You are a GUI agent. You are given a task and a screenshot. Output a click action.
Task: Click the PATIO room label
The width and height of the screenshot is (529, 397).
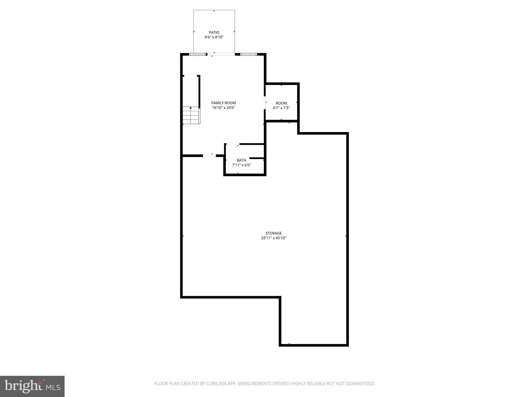pyautogui.click(x=214, y=33)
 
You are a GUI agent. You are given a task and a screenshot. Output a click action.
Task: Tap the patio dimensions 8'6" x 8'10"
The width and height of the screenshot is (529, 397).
pyautogui.click(x=214, y=37)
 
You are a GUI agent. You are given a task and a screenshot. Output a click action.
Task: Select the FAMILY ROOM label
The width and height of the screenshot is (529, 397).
pyautogui.click(x=223, y=103)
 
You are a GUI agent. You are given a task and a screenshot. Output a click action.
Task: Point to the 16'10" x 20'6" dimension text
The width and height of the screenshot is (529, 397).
pyautogui.click(x=223, y=108)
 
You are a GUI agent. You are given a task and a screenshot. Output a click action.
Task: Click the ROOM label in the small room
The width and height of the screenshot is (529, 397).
pyautogui.click(x=281, y=103)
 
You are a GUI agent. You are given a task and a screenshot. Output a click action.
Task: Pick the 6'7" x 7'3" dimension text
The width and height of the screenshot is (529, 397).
pyautogui.click(x=281, y=108)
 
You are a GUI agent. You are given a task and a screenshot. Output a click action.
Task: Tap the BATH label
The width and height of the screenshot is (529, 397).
pyautogui.click(x=242, y=160)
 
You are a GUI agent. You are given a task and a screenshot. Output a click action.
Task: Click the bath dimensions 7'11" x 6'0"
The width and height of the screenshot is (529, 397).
pyautogui.click(x=242, y=165)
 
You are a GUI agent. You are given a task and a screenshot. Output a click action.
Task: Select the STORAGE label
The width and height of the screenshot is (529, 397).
pyautogui.click(x=274, y=233)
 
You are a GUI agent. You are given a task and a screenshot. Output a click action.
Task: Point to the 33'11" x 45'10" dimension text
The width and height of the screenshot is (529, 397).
pyautogui.click(x=274, y=238)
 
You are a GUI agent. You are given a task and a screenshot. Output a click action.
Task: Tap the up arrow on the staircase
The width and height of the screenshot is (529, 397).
pyautogui.click(x=191, y=108)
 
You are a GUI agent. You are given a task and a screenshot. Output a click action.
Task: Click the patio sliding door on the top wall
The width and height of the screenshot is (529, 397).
pyautogui.click(x=221, y=54)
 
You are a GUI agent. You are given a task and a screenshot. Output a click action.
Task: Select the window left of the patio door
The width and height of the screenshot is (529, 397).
pyautogui.click(x=198, y=54)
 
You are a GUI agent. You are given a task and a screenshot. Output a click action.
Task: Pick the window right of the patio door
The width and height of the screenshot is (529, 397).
pyautogui.click(x=248, y=54)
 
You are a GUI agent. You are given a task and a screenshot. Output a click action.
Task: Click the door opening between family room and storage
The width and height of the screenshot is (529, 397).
pyautogui.click(x=209, y=156)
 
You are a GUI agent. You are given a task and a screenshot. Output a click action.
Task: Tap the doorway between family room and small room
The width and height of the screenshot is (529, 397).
pyautogui.click(x=265, y=103)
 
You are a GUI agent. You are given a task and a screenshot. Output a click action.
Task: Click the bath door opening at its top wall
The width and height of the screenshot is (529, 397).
pyautogui.click(x=233, y=144)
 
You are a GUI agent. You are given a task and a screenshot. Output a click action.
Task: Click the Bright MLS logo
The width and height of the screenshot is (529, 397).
pyautogui.click(x=32, y=386)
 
